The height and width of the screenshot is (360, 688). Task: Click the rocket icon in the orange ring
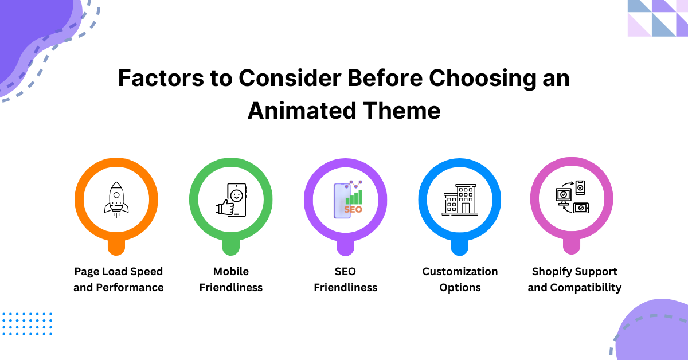(x=116, y=199)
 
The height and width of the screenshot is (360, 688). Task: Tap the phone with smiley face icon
(x=232, y=199)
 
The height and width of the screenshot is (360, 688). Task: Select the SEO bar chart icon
(x=347, y=199)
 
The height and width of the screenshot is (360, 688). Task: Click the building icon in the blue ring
(x=460, y=199)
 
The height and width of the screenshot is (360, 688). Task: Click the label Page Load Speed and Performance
(x=119, y=279)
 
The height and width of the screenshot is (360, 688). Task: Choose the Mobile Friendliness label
(x=231, y=279)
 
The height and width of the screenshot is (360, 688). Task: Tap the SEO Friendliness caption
(x=346, y=279)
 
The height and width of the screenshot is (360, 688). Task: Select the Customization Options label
(x=460, y=279)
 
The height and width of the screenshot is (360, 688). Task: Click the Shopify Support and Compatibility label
(x=574, y=279)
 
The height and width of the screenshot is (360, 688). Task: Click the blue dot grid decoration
(x=27, y=324)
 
